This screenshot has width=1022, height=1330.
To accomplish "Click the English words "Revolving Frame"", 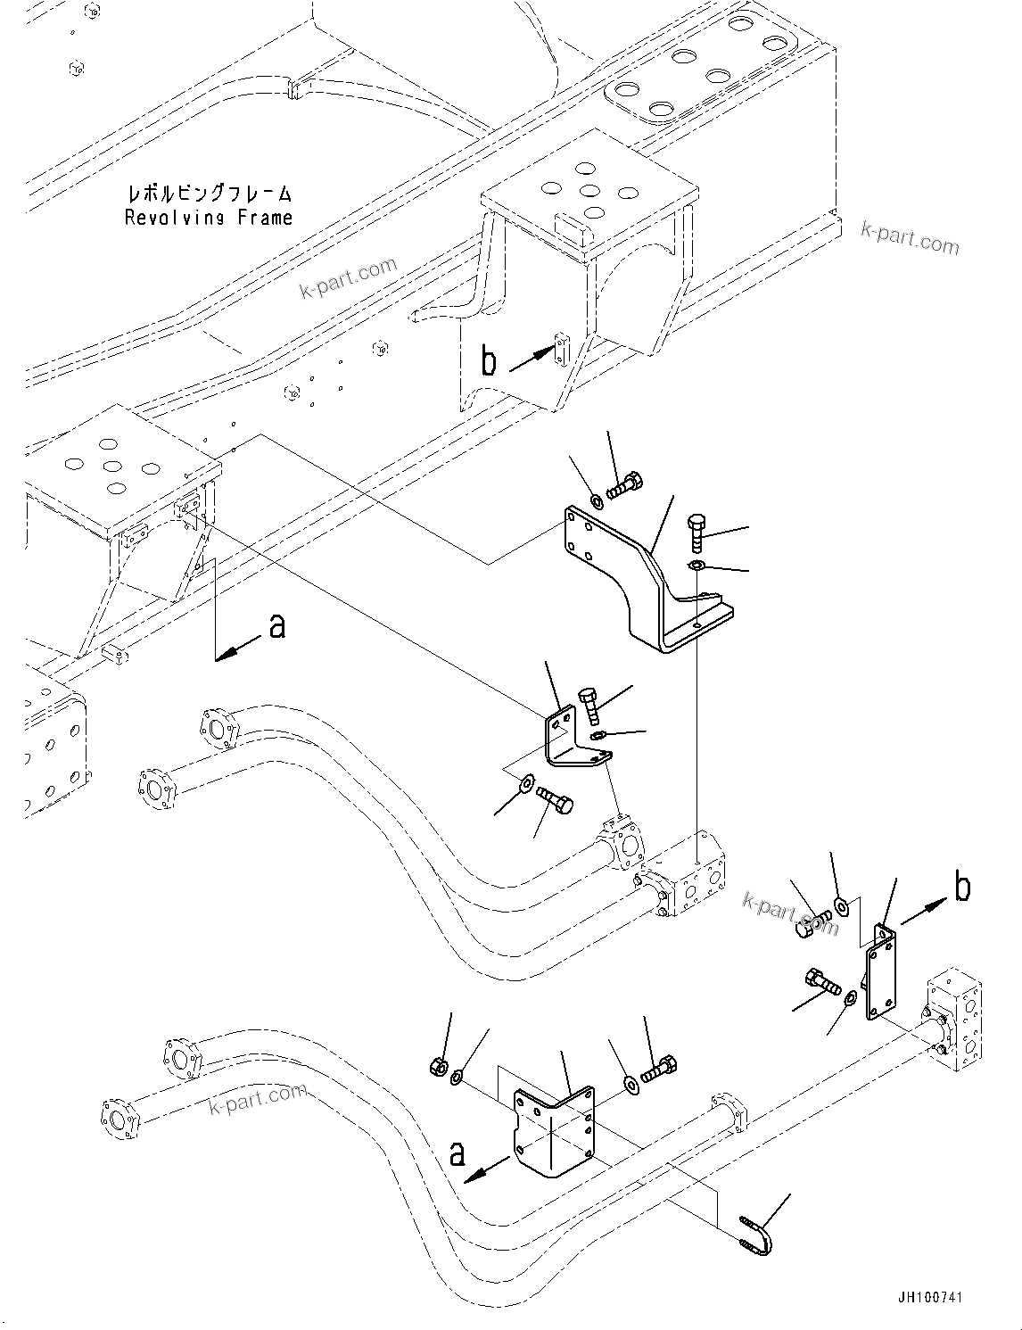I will pyautogui.click(x=208, y=218).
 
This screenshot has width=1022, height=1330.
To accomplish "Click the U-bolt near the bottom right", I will pyautogui.click(x=756, y=1233).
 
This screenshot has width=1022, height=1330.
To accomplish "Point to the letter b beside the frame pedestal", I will pyautogui.click(x=488, y=361).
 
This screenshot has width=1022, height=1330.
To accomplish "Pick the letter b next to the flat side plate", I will pyautogui.click(x=962, y=888).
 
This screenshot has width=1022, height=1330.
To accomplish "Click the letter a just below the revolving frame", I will pyautogui.click(x=277, y=626).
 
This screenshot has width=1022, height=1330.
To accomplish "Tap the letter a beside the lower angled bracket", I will pyautogui.click(x=457, y=1154).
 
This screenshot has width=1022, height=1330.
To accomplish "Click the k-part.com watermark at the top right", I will pyautogui.click(x=910, y=237).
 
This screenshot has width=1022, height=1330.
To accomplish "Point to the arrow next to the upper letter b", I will pyautogui.click(x=532, y=359).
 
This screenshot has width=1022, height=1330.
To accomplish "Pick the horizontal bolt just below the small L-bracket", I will pyautogui.click(x=556, y=800).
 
